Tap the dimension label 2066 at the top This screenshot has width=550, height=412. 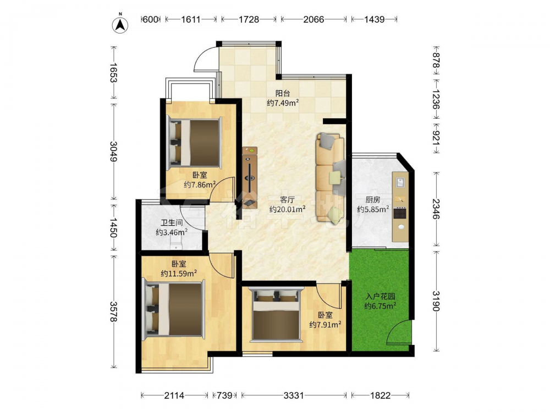[x=313, y=19]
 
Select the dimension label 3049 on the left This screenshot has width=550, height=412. [x=113, y=151]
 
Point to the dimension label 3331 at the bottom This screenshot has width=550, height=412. [x=294, y=396]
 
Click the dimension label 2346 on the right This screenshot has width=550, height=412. [x=436, y=209]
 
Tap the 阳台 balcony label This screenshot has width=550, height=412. [x=283, y=93]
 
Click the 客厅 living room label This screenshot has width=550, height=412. [x=287, y=200]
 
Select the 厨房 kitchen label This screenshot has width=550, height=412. [x=373, y=200]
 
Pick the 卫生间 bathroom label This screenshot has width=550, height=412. [x=172, y=222]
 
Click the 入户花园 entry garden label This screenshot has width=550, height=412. [x=380, y=297]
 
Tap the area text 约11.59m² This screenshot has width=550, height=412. [x=179, y=273]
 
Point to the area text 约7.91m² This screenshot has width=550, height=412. [x=326, y=325]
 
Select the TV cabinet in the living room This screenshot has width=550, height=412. [x=249, y=177]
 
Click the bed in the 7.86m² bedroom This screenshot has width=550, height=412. [x=194, y=143]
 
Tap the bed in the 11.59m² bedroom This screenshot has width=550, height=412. [x=174, y=309]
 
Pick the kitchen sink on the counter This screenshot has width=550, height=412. [x=400, y=182]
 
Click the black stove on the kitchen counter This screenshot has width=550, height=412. [x=400, y=213]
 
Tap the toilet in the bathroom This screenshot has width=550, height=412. [x=176, y=243]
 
